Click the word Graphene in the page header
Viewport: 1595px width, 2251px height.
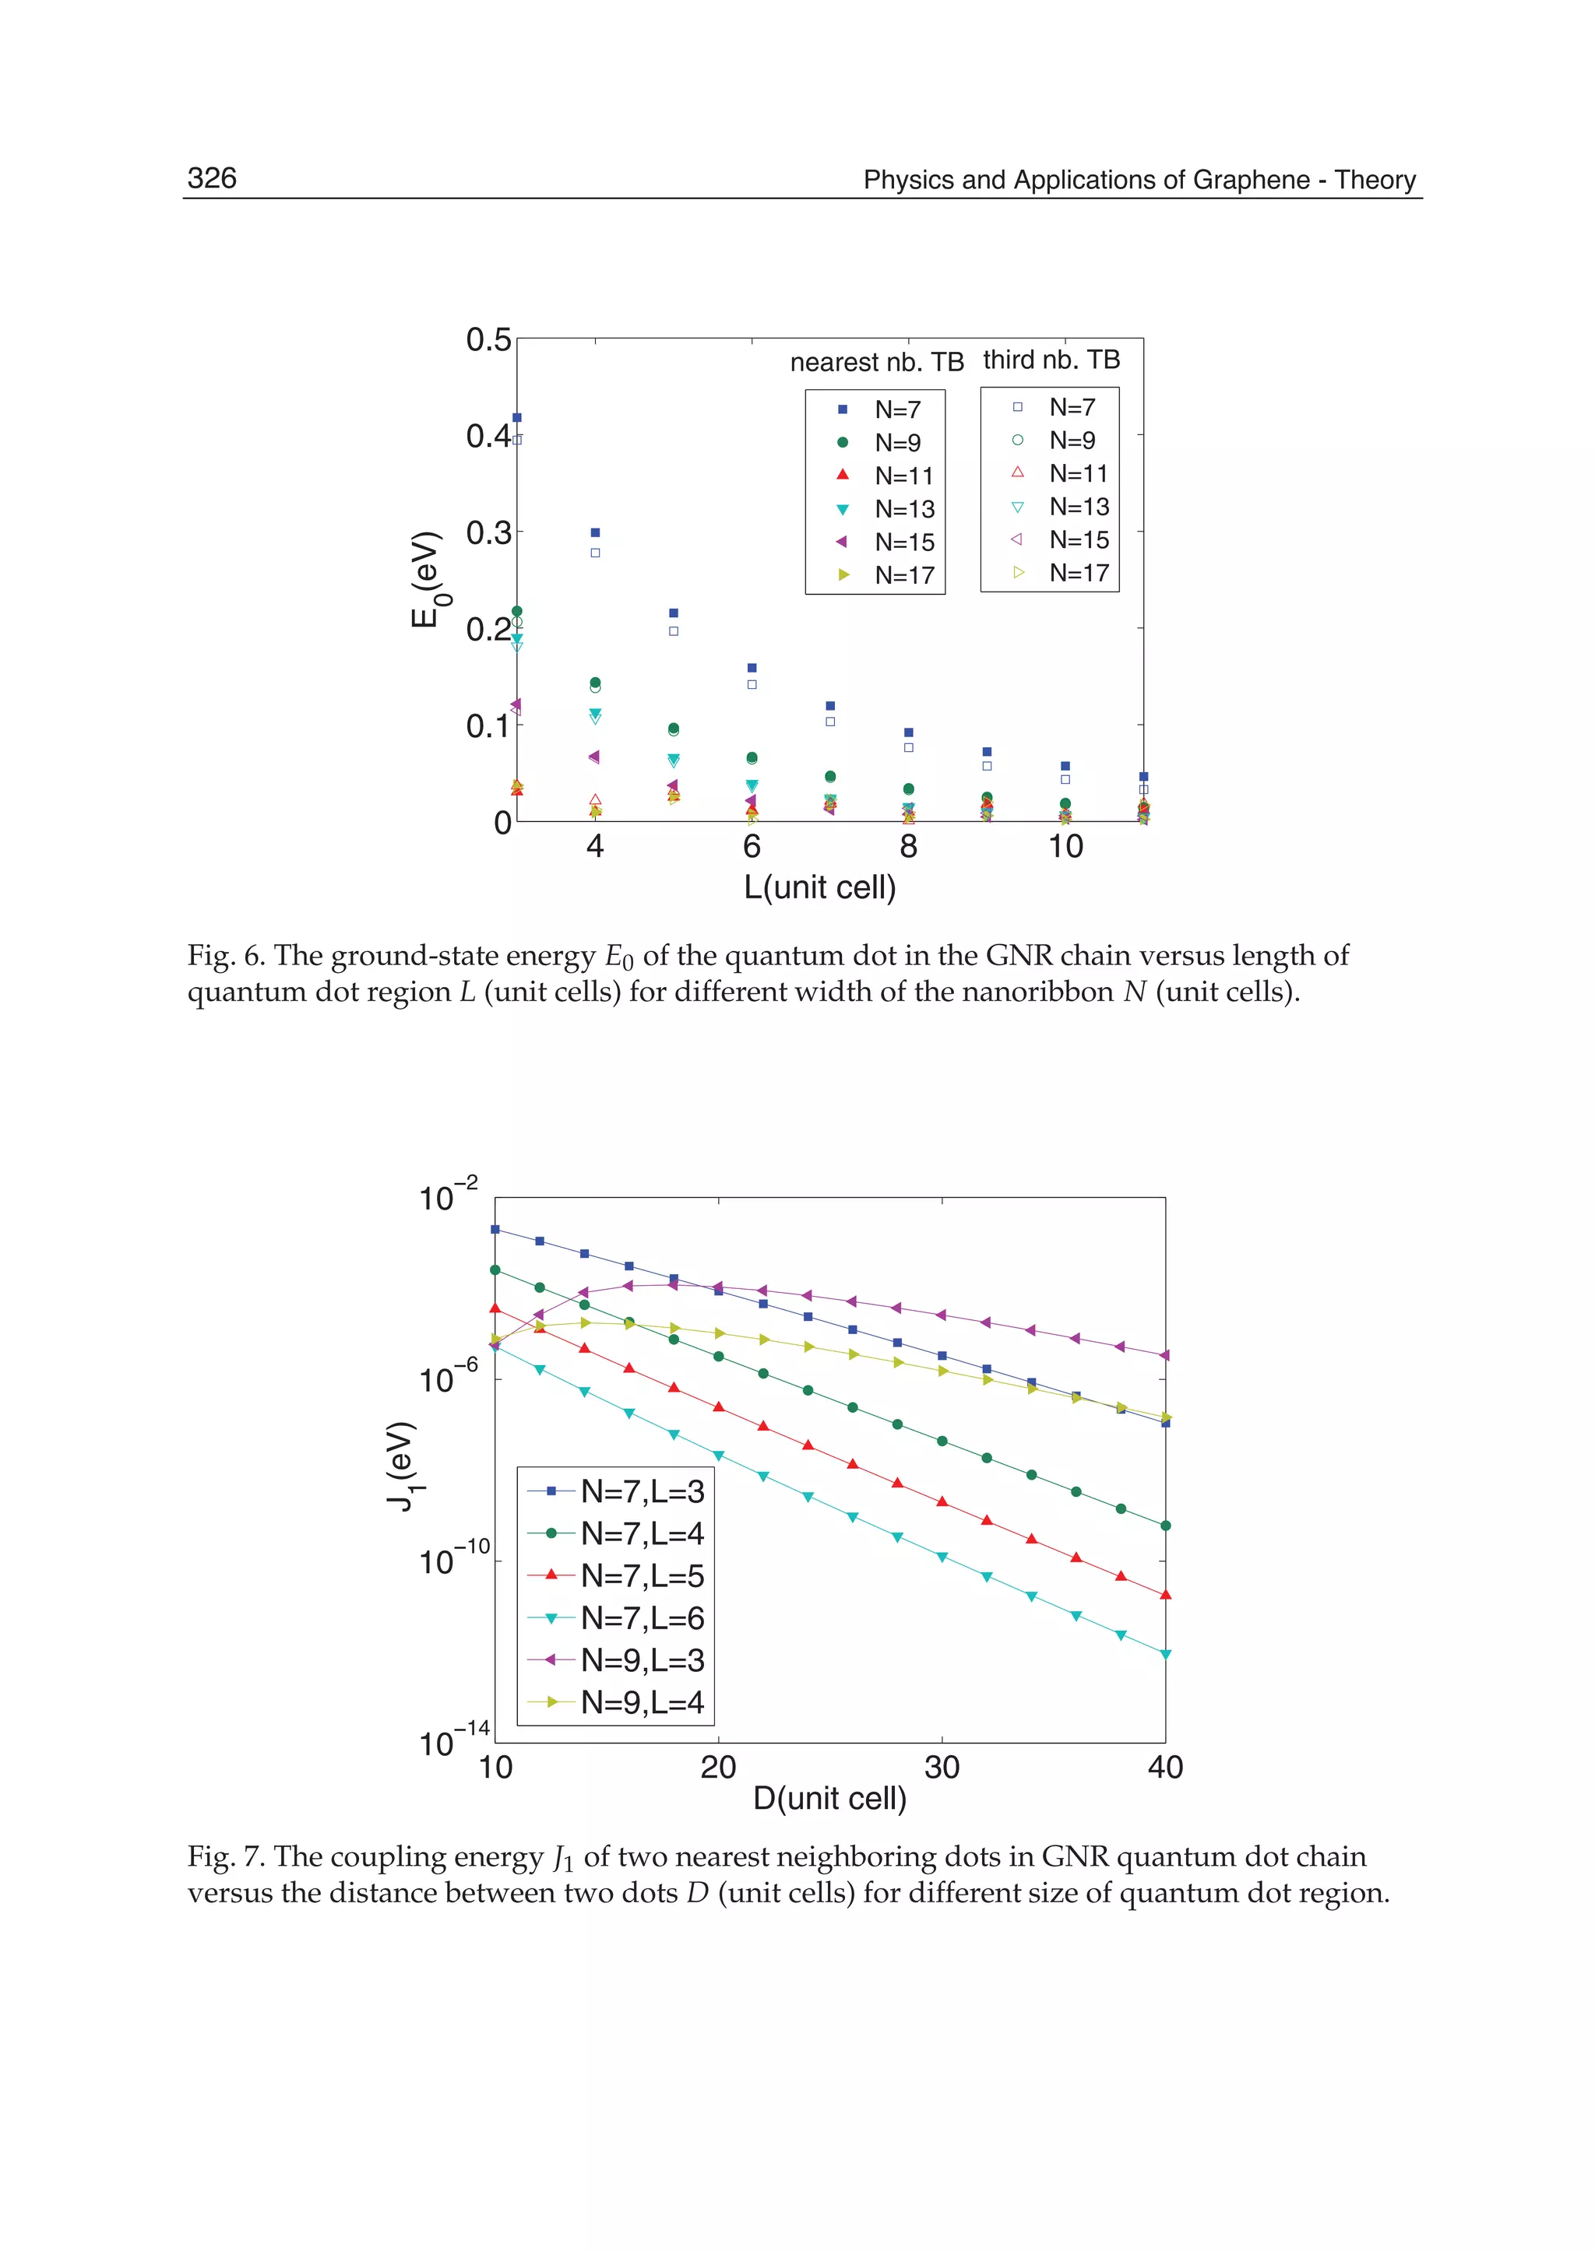tap(1256, 180)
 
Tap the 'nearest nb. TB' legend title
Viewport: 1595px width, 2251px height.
tap(876, 362)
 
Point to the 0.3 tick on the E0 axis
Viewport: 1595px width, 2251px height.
tap(488, 533)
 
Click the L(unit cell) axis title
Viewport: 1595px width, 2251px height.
tap(819, 887)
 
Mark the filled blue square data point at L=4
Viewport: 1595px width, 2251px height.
tap(595, 533)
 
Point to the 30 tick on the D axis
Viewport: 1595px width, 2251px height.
tap(941, 1768)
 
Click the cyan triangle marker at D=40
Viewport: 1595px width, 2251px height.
tap(1166, 1655)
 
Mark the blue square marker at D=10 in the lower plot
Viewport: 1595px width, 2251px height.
tap(495, 1229)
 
